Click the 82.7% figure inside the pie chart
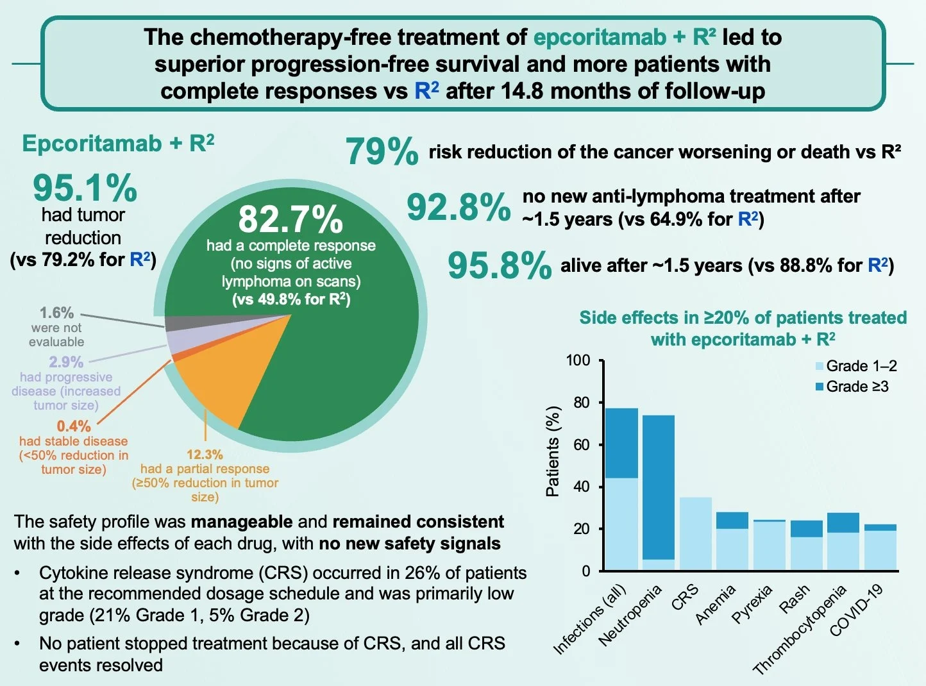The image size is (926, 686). point(290,219)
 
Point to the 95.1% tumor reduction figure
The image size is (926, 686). point(85,188)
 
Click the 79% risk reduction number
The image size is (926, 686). point(382,152)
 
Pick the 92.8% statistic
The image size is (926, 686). point(459,207)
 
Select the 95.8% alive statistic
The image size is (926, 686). point(499,265)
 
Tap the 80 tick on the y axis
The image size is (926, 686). point(581,403)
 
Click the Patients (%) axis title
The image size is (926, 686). point(553,451)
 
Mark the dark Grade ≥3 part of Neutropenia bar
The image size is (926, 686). point(659,487)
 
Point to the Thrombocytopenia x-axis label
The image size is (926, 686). point(800,631)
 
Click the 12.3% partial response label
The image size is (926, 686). point(205,455)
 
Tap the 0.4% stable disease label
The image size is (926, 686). point(74,426)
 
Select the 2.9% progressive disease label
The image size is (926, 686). point(66,362)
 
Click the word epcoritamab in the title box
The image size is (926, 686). point(599,37)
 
